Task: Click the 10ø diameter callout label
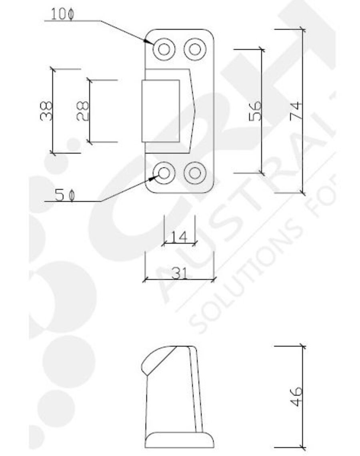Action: pos(62,14)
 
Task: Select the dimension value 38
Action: pos(46,111)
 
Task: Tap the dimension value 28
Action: pos(82,111)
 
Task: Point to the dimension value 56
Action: pos(255,111)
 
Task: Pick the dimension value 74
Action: pos(296,111)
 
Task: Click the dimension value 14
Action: pos(179,237)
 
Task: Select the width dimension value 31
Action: pos(179,273)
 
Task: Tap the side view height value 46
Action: pos(296,396)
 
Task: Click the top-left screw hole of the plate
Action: pos(164,49)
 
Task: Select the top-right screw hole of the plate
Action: pos(195,49)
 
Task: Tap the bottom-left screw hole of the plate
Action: pos(164,173)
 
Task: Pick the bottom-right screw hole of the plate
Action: pos(195,173)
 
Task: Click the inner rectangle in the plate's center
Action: pos(161,111)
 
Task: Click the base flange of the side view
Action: pos(179,440)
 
